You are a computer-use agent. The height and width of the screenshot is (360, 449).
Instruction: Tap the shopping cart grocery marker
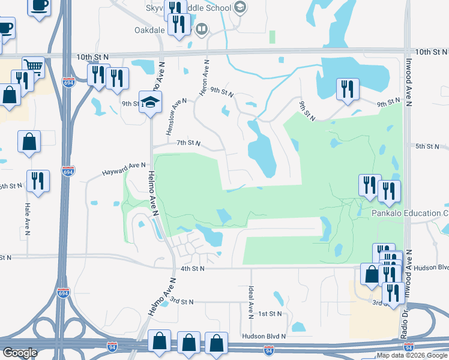coord(34,68)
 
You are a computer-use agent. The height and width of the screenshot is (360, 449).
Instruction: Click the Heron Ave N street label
coord(205,77)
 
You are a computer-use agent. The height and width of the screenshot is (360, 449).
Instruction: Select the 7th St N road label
coord(188,143)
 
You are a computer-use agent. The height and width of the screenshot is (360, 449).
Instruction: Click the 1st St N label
coord(270,314)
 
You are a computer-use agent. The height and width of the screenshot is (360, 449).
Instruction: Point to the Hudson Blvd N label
coord(264,337)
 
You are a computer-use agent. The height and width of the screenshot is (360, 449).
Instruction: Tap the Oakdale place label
coord(147,28)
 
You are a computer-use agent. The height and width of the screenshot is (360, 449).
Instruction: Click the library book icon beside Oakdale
coord(202,28)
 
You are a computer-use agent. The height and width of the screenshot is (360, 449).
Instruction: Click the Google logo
coord(20,353)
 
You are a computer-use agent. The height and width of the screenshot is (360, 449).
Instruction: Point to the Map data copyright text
coord(412,355)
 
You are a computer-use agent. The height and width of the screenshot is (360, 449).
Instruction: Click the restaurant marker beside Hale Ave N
coord(38,181)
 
